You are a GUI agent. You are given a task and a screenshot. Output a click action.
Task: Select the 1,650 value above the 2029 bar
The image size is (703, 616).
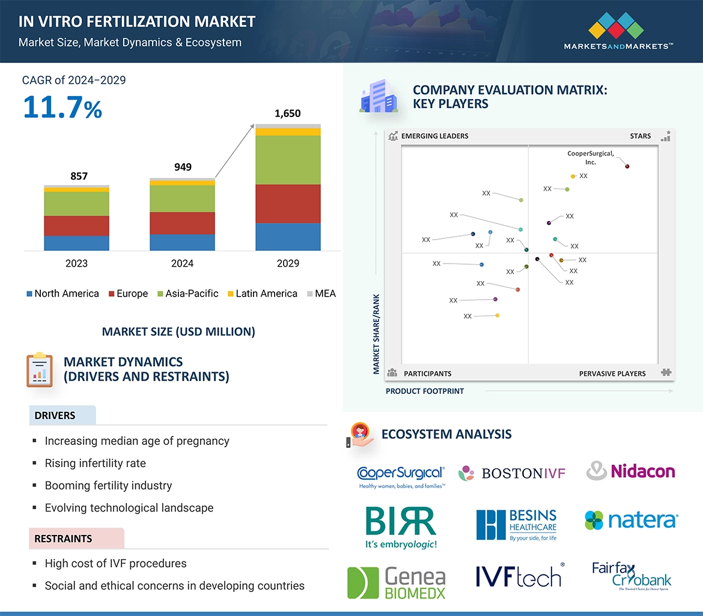tap(287, 113)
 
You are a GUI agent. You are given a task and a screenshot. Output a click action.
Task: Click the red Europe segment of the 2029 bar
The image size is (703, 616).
tap(288, 204)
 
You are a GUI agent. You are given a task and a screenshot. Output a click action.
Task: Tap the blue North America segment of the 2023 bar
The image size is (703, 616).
tap(76, 243)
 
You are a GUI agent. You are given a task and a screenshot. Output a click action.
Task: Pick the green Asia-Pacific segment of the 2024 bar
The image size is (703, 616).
tap(182, 199)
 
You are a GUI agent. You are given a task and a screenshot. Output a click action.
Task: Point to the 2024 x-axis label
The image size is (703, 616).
tap(182, 264)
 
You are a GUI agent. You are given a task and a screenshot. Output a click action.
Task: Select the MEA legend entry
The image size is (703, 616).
tap(321, 294)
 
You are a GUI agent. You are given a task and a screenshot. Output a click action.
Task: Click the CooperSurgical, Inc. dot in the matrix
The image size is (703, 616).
tap(627, 166)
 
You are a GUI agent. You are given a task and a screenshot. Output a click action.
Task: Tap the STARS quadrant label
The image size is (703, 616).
tap(640, 136)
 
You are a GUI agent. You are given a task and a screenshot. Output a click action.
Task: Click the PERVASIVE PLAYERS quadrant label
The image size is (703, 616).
tap(612, 373)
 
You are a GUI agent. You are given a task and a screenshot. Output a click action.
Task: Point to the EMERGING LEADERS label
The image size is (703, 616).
tap(434, 136)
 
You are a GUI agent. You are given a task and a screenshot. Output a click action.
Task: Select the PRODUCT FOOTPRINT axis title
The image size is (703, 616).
tap(424, 391)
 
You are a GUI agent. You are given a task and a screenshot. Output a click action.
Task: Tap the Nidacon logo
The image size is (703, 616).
tap(631, 471)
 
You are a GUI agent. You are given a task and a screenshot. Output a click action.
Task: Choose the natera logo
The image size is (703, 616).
tap(631, 521)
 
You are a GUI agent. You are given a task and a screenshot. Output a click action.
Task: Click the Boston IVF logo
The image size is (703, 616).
tap(512, 473)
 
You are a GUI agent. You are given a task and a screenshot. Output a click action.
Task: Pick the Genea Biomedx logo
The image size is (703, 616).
tap(397, 583)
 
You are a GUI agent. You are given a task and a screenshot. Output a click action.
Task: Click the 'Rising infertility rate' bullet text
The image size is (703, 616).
tap(95, 464)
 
